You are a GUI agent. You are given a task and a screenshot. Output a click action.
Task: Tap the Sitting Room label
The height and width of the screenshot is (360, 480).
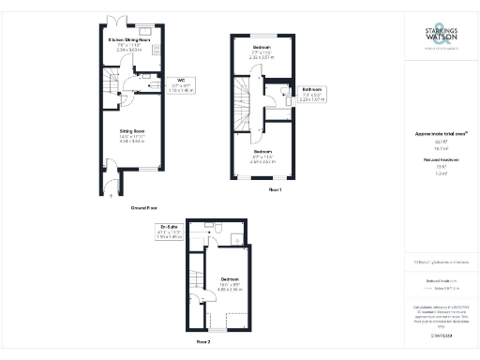(x=131, y=135)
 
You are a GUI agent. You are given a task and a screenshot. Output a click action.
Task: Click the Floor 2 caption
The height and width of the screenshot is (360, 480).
(x=202, y=343)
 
